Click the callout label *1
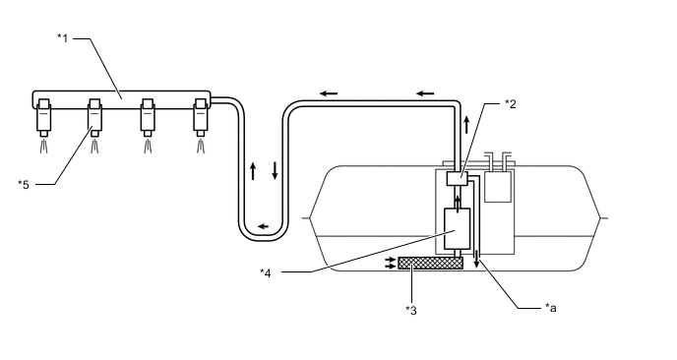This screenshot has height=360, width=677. click(x=63, y=38)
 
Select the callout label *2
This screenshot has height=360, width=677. click(x=511, y=104)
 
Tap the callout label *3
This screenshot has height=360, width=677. click(x=411, y=311)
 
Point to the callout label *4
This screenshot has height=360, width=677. click(x=265, y=272)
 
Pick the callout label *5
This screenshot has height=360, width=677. click(x=24, y=185)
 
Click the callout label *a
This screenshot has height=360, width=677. click(x=550, y=308)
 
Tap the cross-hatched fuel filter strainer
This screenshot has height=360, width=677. click(x=430, y=263)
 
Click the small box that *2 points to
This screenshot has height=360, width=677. click(x=457, y=179)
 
